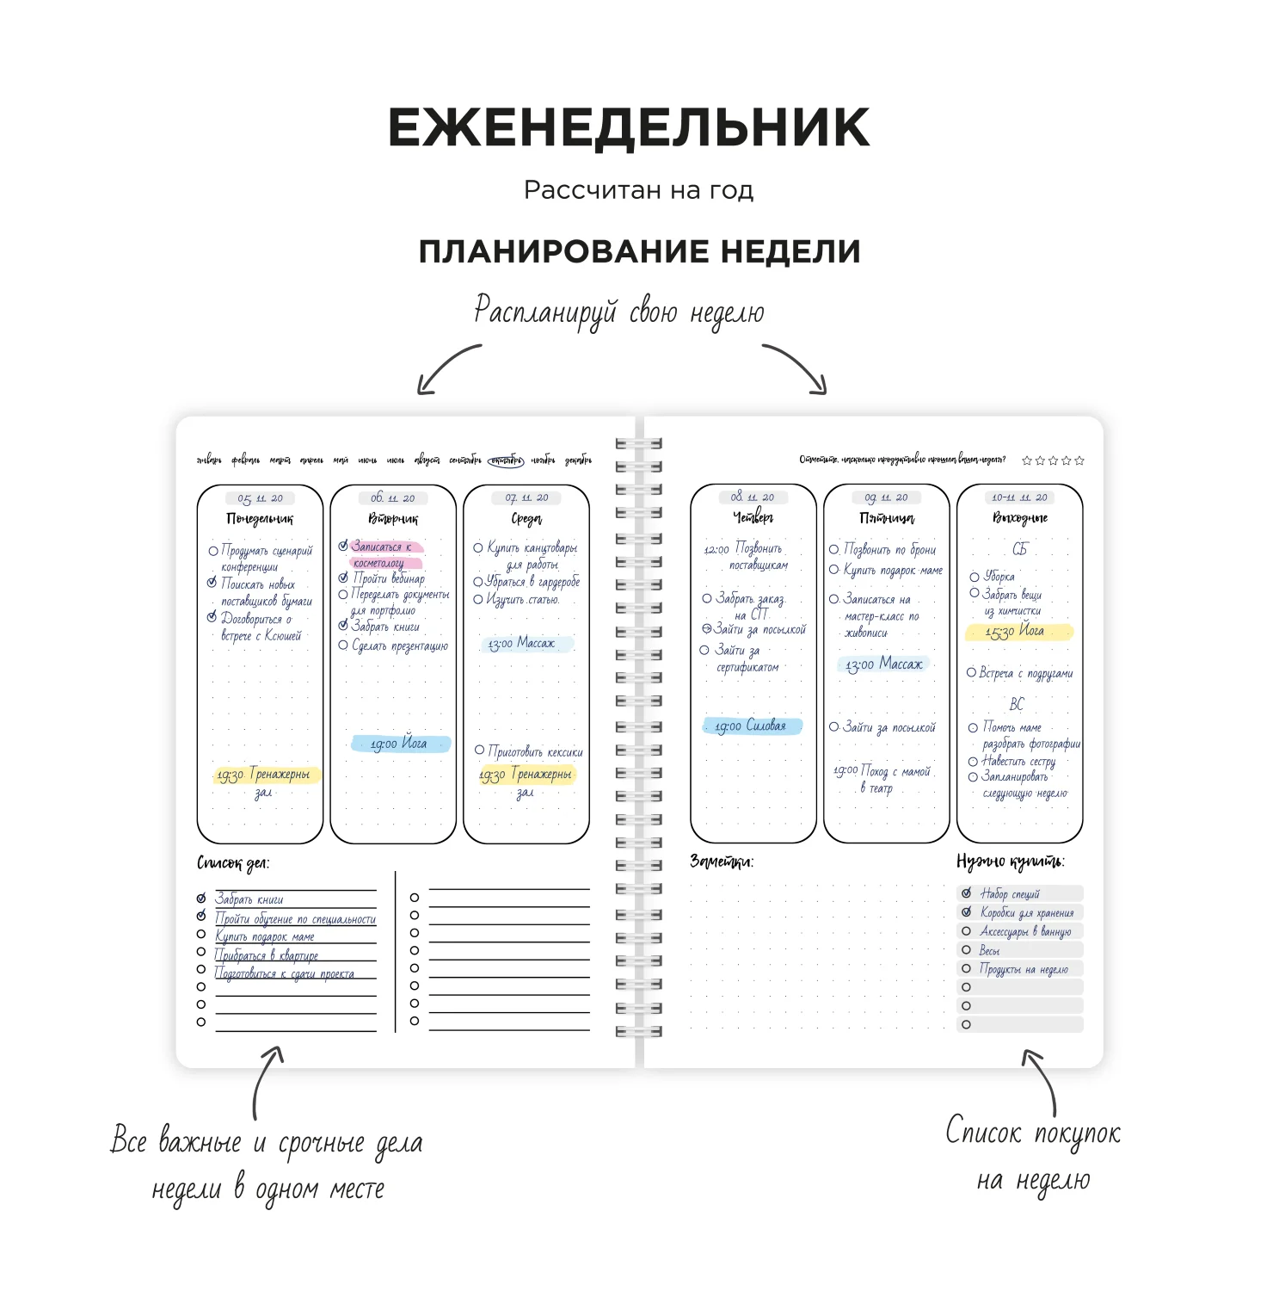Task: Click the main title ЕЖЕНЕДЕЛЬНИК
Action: point(629,128)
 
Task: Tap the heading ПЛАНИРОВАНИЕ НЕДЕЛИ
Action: point(639,251)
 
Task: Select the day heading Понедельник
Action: point(260,519)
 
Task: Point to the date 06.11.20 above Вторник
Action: point(393,498)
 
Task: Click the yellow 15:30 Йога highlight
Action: point(1018,632)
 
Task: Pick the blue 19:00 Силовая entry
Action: point(751,726)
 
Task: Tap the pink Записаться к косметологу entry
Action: point(383,554)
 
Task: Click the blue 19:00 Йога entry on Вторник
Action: point(400,744)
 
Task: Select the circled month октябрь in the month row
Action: point(505,460)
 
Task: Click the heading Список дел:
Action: point(233,862)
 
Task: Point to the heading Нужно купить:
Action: point(1010,862)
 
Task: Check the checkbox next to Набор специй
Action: point(966,893)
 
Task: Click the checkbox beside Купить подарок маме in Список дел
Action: point(201,934)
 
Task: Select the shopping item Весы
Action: point(989,950)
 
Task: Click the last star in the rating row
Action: point(1079,460)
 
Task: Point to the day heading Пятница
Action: point(887,518)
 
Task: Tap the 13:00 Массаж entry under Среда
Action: point(522,643)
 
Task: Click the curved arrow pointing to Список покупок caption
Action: point(1042,1080)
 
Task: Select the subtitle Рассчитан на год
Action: point(638,190)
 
